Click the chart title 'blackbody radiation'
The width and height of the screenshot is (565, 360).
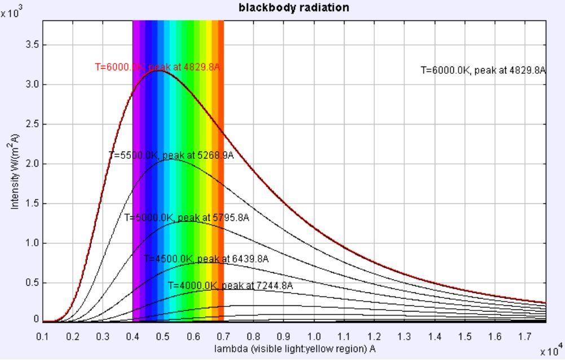pyautogui.click(x=293, y=7)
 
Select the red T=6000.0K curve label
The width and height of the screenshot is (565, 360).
pyautogui.click(x=157, y=66)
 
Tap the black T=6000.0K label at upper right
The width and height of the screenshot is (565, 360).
pyautogui.click(x=483, y=70)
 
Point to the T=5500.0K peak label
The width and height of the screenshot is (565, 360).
pyautogui.click(x=171, y=155)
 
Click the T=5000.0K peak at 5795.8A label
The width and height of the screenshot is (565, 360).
pyautogui.click(x=187, y=217)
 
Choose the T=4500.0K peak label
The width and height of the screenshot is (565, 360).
pyautogui.click(x=206, y=259)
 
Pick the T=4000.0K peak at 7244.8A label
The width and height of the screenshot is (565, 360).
pyautogui.click(x=230, y=286)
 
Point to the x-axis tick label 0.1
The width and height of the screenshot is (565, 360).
pyautogui.click(x=43, y=336)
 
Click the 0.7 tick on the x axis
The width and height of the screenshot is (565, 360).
pyautogui.click(x=224, y=336)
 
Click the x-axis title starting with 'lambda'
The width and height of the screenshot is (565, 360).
pyautogui.click(x=295, y=349)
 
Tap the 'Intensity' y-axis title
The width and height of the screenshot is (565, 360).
pyautogui.click(x=15, y=171)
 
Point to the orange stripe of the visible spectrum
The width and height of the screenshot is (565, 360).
pyautogui.click(x=220, y=169)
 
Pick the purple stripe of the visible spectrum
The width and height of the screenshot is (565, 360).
pyautogui.click(x=135, y=169)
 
